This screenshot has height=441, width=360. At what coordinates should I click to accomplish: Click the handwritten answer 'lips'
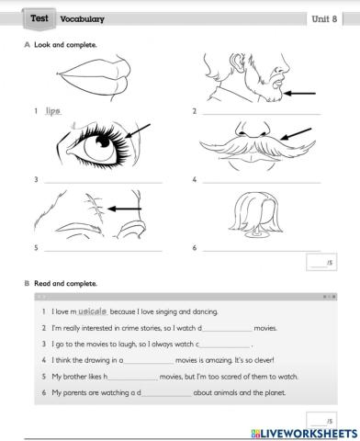click(52, 111)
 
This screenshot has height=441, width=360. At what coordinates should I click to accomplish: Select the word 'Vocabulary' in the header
click(82, 18)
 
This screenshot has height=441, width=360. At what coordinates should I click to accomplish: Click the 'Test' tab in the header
click(39, 17)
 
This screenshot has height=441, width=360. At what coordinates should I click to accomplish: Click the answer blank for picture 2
click(262, 114)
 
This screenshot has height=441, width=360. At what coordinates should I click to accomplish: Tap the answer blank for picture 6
click(262, 249)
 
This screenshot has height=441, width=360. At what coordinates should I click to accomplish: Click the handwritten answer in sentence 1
click(93, 313)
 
